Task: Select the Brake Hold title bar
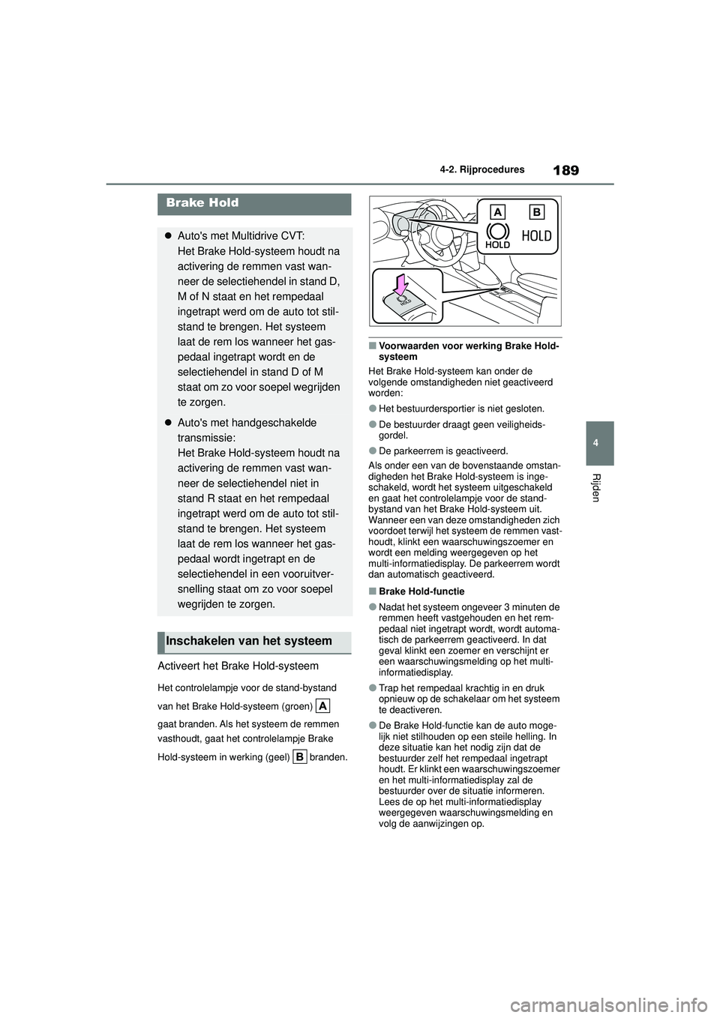pos(254,203)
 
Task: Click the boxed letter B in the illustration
pos(535,210)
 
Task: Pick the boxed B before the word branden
pos(299,757)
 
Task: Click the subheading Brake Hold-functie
pos(421,591)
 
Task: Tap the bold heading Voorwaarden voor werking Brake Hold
pos(468,351)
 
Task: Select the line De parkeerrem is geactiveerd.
pos(443,451)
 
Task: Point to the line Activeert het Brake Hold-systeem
pos(238,666)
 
